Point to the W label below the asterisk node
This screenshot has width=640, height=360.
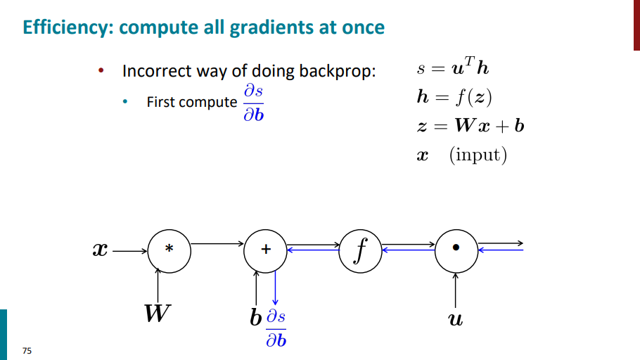pos(157,314)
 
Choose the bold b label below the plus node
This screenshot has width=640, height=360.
pos(256,318)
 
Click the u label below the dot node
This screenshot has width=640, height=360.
pos(456,320)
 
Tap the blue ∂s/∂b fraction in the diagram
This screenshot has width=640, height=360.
pos(276,329)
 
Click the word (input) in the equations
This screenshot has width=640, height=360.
pos(478,154)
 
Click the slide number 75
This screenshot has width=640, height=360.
pos(27,350)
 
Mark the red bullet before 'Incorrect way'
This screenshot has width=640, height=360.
pos(101,72)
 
